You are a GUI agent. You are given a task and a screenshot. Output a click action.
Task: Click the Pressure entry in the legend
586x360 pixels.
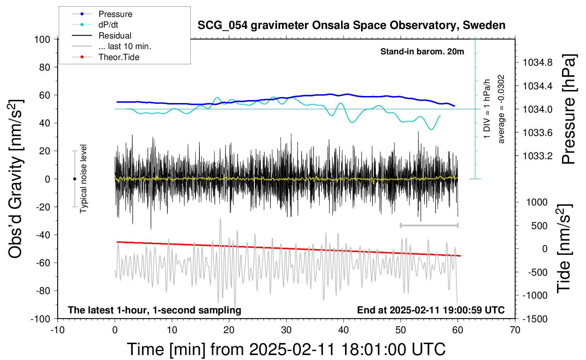point(102,14)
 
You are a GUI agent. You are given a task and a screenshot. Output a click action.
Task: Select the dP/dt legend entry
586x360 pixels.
point(95,25)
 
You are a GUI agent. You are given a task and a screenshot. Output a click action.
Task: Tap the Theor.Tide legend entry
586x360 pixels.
point(106,57)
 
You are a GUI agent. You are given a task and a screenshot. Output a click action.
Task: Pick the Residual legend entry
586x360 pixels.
point(102,36)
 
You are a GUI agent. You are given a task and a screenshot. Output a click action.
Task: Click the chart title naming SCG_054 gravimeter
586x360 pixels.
point(351,25)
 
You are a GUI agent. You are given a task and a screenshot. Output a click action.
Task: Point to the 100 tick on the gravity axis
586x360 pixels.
point(42,40)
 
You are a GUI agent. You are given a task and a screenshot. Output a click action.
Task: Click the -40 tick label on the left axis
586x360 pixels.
point(43,235)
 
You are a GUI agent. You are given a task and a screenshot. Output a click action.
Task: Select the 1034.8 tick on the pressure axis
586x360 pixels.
point(537,62)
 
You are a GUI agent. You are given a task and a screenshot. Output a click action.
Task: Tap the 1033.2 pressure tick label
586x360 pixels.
point(537,156)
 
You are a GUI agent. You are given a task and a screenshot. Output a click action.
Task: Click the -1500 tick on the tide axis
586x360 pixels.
point(535,319)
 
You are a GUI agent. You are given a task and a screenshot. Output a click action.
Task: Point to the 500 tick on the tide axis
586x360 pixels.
point(539,226)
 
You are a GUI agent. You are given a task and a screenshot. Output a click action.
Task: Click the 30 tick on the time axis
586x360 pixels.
point(286,330)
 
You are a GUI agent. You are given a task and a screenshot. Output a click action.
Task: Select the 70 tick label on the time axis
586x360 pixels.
point(515,330)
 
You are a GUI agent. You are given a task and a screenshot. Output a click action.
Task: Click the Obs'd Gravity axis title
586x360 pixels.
point(15,179)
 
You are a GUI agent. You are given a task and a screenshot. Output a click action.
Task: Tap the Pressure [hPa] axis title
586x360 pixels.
point(569,109)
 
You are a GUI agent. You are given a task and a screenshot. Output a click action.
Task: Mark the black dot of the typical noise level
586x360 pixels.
point(74,179)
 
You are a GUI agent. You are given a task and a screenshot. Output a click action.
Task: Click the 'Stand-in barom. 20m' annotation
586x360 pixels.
point(422,52)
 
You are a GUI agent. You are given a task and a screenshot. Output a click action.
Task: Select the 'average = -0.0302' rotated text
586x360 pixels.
point(501,109)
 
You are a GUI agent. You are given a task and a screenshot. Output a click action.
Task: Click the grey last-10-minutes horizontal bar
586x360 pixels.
point(429,225)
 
